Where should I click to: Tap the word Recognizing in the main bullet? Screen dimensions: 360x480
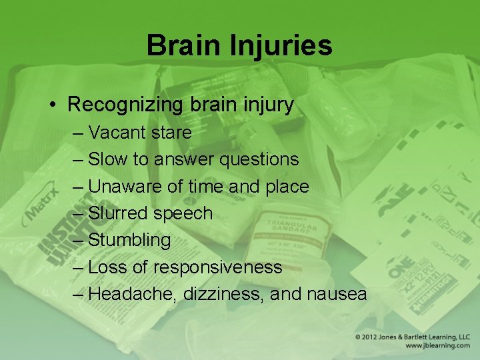pos(125,105)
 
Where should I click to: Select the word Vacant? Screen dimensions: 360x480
pos(117,133)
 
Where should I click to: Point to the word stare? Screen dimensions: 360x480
pos(171,133)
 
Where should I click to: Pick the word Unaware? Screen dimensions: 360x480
pos(125,187)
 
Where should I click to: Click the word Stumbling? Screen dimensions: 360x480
pos(129,240)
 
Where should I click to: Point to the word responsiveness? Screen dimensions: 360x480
pos(217,267)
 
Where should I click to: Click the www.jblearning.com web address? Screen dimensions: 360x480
pos(437,346)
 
